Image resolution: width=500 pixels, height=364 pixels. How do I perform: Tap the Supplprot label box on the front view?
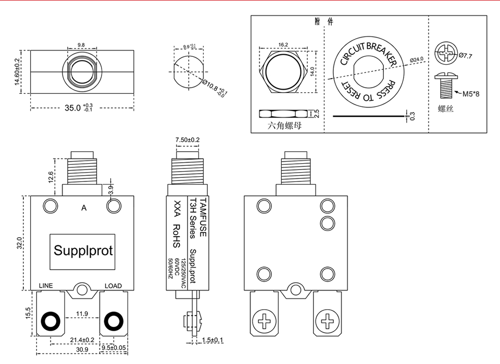[x=83, y=251]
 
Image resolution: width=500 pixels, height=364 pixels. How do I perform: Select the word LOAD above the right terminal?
[x=113, y=286]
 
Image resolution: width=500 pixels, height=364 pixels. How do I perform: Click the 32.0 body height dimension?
[x=19, y=243]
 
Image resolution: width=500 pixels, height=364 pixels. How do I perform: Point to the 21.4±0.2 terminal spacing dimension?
[x=82, y=340]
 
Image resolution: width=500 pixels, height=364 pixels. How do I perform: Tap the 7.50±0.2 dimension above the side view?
[x=187, y=140]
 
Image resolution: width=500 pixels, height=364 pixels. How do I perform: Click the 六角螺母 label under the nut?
[x=285, y=126]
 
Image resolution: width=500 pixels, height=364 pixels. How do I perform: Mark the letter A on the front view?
[x=84, y=208]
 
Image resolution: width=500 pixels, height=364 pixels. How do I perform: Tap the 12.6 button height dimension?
[x=51, y=177]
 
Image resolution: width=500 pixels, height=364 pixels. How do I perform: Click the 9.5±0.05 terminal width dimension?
[x=114, y=347]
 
